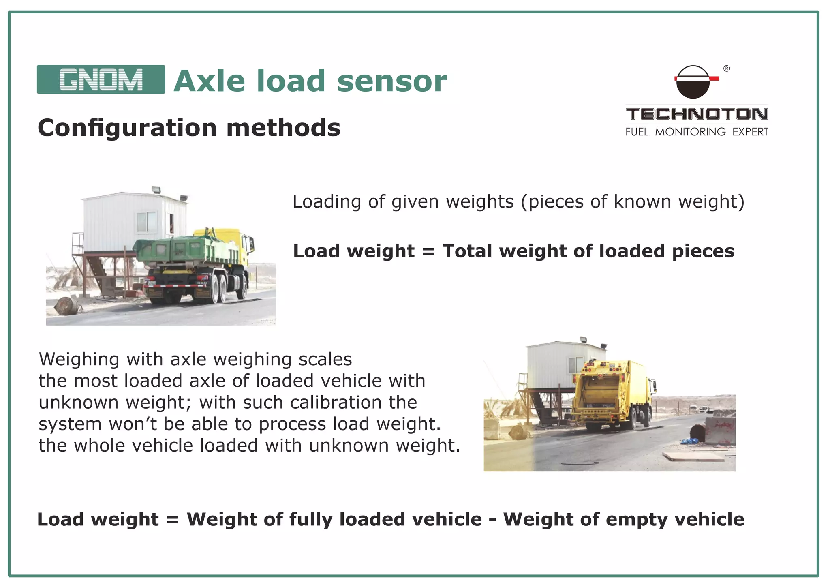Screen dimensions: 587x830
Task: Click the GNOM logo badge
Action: [101, 79]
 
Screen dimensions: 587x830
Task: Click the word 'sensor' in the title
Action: [391, 81]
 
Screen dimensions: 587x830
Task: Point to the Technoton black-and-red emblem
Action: [693, 82]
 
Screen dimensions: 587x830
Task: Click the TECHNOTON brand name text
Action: [697, 114]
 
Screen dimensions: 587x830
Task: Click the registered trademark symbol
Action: [727, 69]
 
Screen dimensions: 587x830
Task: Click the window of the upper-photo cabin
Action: [146, 222]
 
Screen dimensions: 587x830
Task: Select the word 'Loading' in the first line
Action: [327, 201]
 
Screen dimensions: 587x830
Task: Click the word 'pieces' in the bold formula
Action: [703, 251]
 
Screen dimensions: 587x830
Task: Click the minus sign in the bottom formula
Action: [492, 520]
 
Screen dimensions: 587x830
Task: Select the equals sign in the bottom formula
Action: [172, 520]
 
